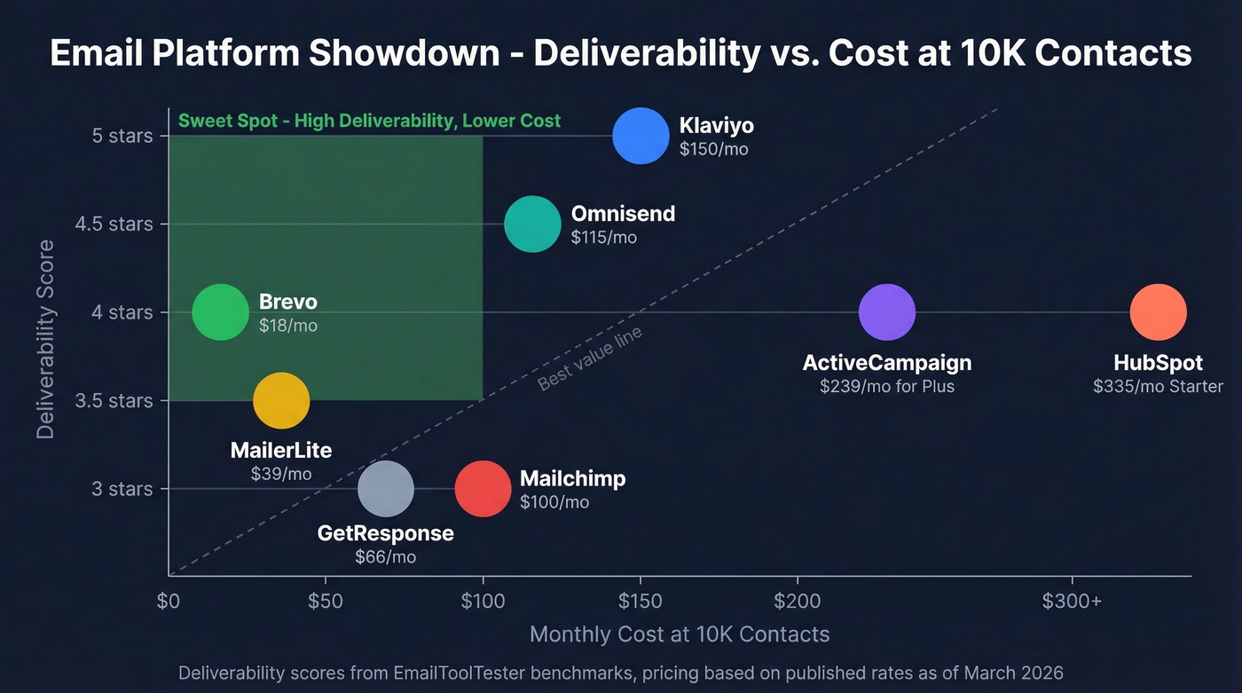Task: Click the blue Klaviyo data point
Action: tap(641, 136)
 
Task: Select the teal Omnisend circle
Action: tap(532, 224)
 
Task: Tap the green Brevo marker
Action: tap(221, 312)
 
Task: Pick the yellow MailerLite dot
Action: tap(281, 400)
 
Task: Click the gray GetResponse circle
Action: tap(386, 489)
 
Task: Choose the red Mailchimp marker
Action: tap(483, 489)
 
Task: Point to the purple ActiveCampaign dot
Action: tap(886, 312)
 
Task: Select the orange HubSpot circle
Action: tap(1158, 312)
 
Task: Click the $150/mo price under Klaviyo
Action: tap(713, 149)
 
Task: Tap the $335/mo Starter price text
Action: tap(1158, 386)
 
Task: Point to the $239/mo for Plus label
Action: tap(886, 386)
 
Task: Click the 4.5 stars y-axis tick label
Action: tap(114, 224)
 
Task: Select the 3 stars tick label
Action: tap(122, 489)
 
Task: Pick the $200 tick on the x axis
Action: tap(798, 602)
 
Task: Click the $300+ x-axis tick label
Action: tap(1072, 602)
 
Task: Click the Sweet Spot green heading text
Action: tap(369, 121)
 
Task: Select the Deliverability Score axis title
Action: tap(46, 339)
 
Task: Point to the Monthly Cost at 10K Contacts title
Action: tap(680, 634)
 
